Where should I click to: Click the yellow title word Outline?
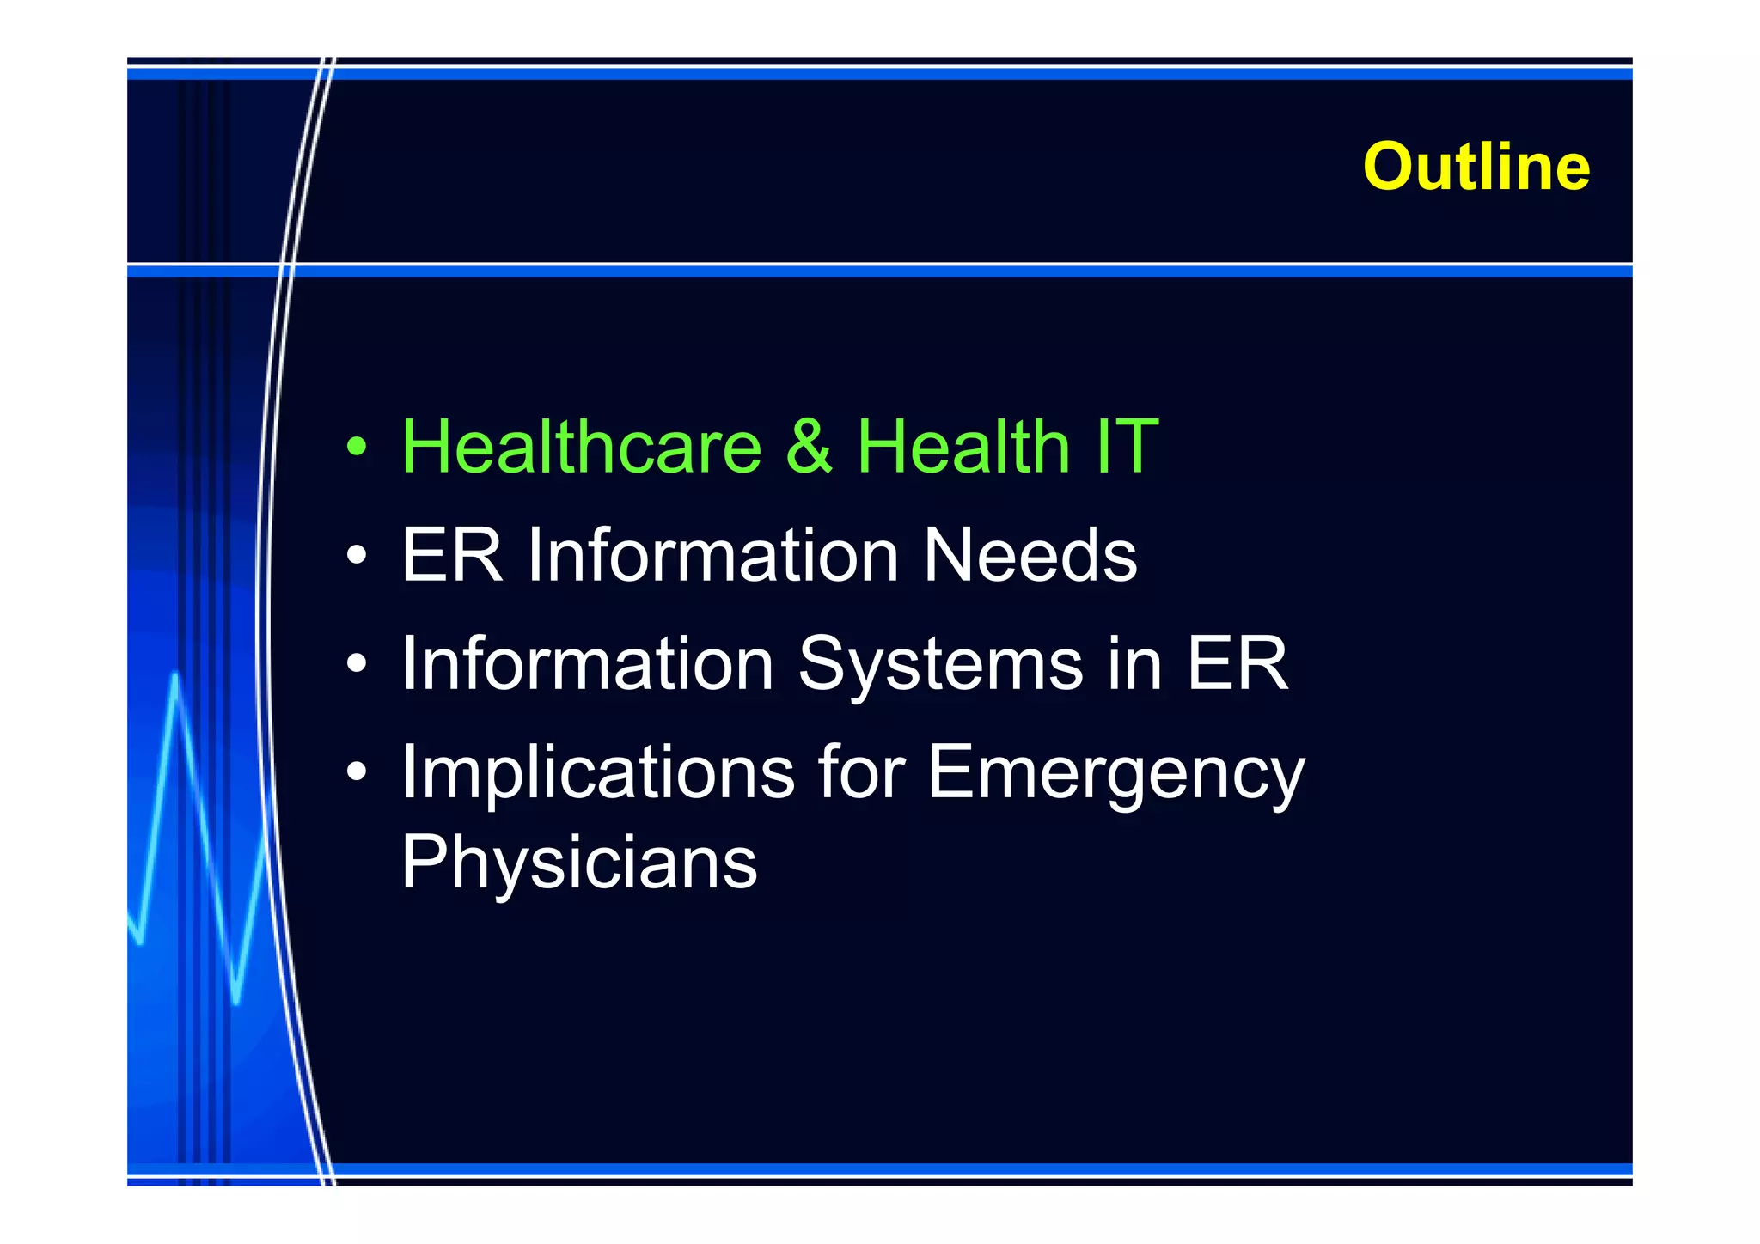(1476, 166)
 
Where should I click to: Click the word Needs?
(1030, 555)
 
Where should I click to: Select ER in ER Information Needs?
(451, 555)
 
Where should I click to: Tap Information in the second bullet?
(713, 555)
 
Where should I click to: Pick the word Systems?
(940, 664)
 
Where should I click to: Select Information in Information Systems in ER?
(588, 664)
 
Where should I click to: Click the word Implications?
(598, 772)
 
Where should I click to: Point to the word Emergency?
(1115, 772)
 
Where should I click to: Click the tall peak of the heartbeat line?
(176, 679)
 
